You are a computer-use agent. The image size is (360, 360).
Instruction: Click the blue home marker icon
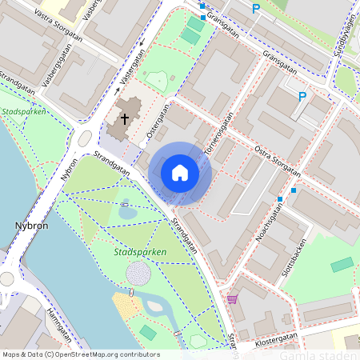[x=180, y=173]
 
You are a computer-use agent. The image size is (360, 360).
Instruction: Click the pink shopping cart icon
[x=233, y=299]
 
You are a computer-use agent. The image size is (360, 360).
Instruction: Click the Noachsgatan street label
[x=267, y=223]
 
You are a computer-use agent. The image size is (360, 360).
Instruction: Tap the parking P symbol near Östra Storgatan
[x=302, y=97]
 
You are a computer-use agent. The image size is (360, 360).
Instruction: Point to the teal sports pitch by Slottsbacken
[x=342, y=265]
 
